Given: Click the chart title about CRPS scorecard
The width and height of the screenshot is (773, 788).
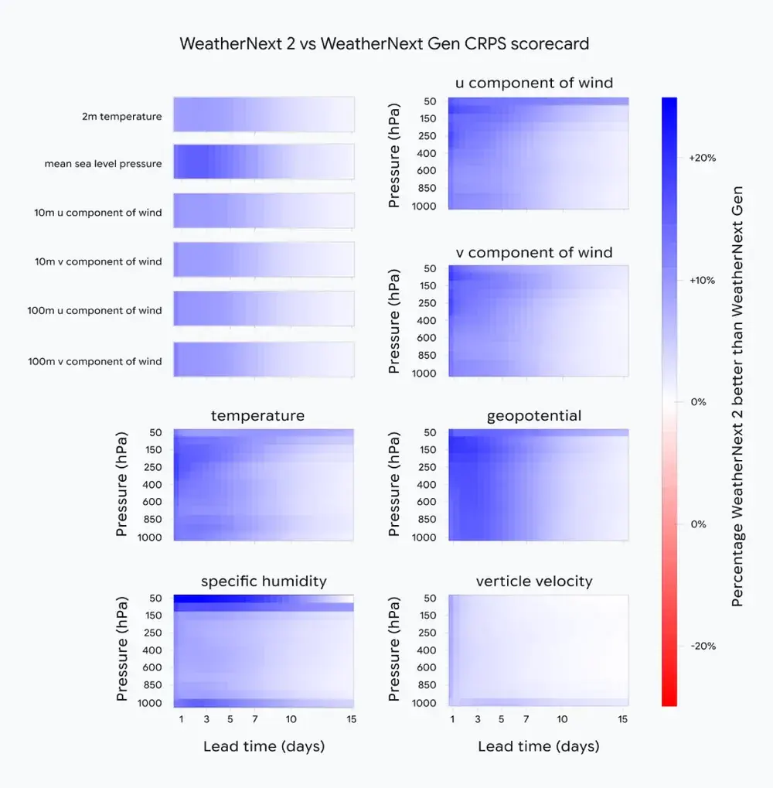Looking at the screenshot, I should coord(384,43).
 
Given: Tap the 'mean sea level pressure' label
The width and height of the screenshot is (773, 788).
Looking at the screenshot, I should coord(103,164).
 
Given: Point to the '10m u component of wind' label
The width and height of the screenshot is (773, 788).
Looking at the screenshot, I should coord(98,213).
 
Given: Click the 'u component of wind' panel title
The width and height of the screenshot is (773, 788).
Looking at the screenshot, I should coord(533,83).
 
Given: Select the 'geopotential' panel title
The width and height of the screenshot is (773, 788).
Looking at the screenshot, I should coord(533,416).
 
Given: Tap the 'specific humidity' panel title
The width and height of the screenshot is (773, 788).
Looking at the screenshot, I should coord(264,582).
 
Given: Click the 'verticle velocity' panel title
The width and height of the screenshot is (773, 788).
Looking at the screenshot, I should coord(533,582).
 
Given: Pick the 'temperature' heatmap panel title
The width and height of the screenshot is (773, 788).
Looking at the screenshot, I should coord(257,416).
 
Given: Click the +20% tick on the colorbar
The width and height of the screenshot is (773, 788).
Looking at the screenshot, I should coord(702,158).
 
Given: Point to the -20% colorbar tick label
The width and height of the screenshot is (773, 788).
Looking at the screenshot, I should coord(702,646).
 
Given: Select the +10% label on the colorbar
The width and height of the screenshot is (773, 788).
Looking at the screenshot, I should coord(702,280).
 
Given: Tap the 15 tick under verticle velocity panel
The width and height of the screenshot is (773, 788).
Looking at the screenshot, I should coord(623,719).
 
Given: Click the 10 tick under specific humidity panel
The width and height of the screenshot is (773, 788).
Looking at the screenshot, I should coord(291,719).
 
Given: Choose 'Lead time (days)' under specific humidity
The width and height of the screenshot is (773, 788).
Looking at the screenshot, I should coord(264,746).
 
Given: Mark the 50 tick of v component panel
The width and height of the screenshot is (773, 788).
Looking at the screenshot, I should coord(431,268).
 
